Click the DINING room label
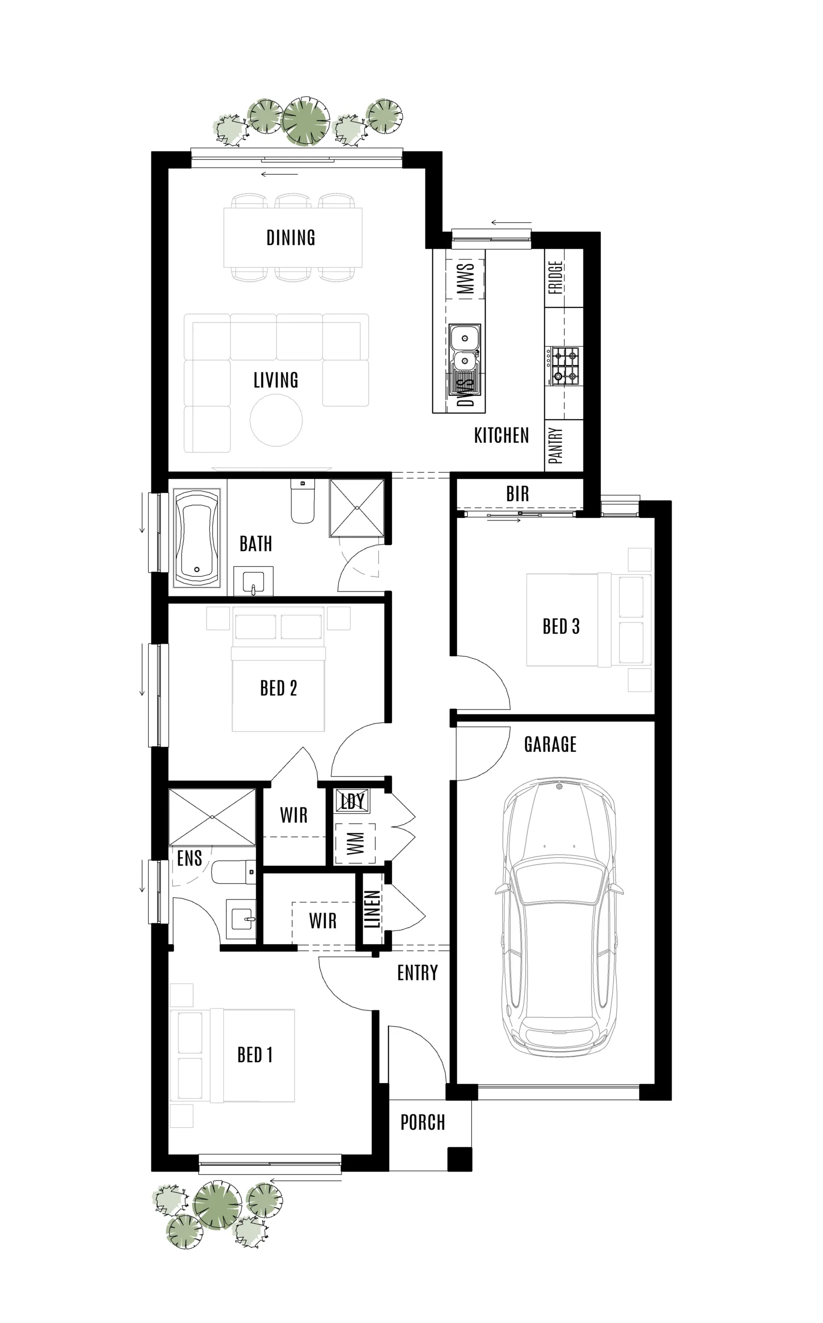(x=291, y=238)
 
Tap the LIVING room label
(x=276, y=380)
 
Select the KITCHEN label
(x=501, y=436)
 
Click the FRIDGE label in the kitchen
(x=555, y=278)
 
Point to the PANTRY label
(x=555, y=446)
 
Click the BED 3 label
(x=561, y=627)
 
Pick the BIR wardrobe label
(x=517, y=495)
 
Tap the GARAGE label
(x=550, y=744)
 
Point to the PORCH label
(x=423, y=1122)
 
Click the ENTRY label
(x=417, y=973)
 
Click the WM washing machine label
(x=355, y=843)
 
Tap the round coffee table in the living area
(x=276, y=420)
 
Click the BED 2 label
(x=278, y=688)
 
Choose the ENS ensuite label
(x=190, y=858)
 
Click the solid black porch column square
(x=459, y=1159)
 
